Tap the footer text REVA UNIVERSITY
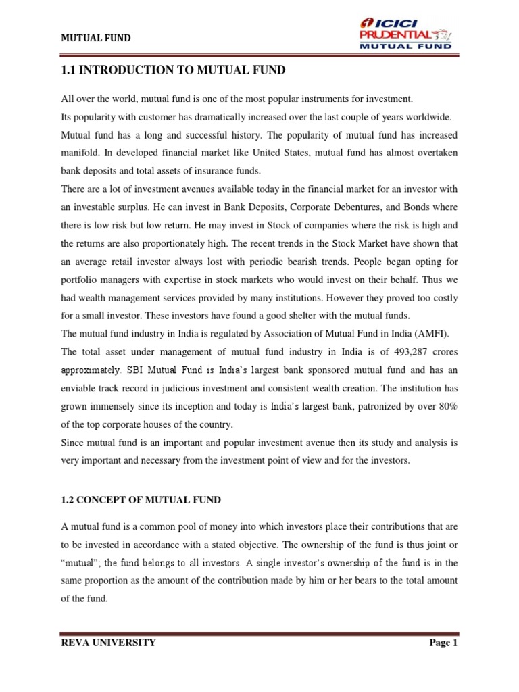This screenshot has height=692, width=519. tap(108, 643)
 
